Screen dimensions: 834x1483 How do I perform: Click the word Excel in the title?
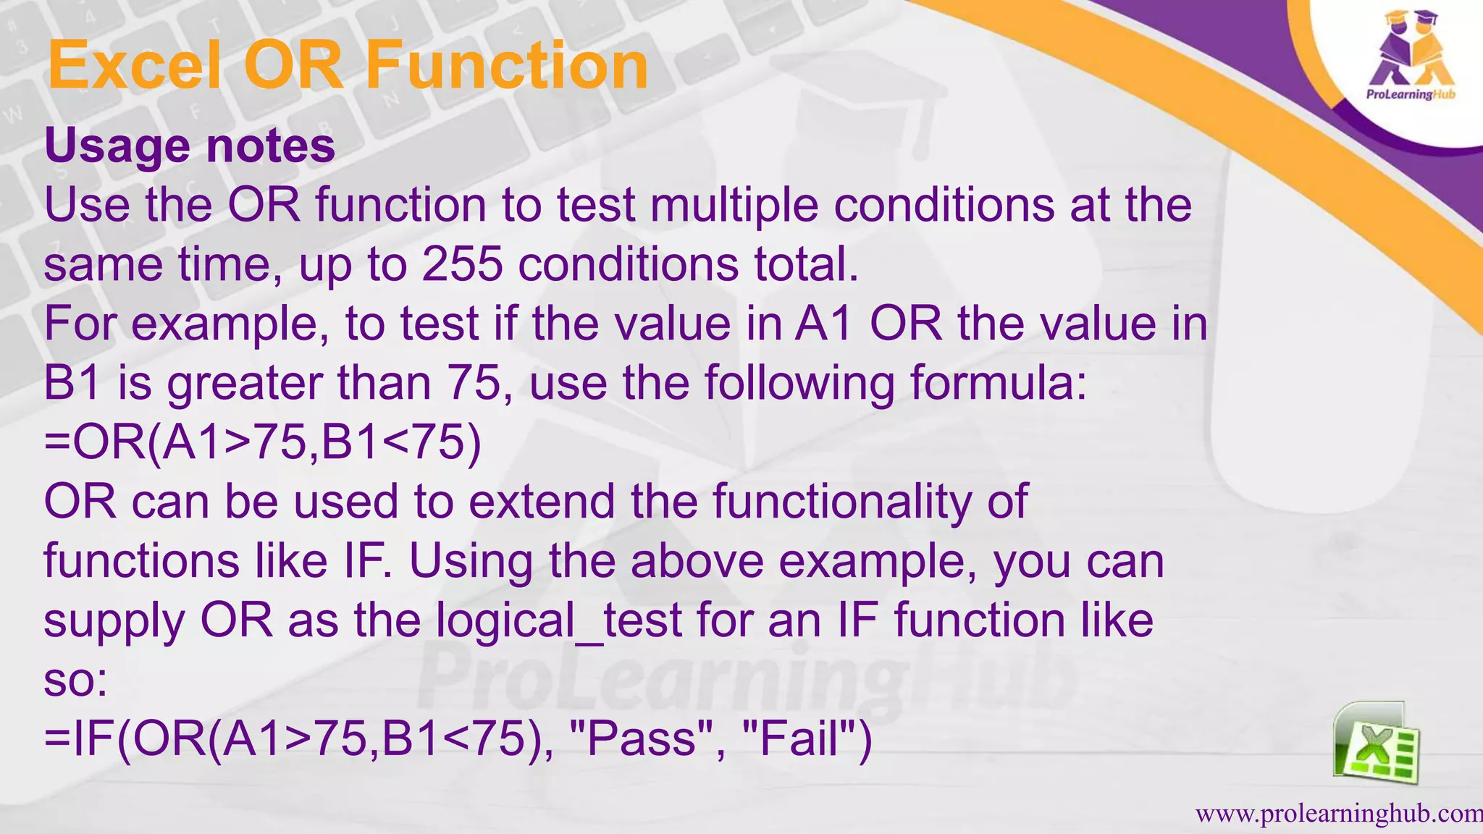[134, 66]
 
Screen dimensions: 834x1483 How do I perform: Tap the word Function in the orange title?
[507, 66]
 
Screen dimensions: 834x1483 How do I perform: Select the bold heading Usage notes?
[190, 146]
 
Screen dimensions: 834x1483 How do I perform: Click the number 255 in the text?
[462, 264]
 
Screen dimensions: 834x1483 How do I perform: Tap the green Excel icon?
[1376, 744]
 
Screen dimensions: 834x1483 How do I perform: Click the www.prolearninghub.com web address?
[1338, 814]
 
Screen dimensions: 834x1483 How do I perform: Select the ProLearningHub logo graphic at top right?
[1411, 58]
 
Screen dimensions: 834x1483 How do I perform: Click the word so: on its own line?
[75, 681]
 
